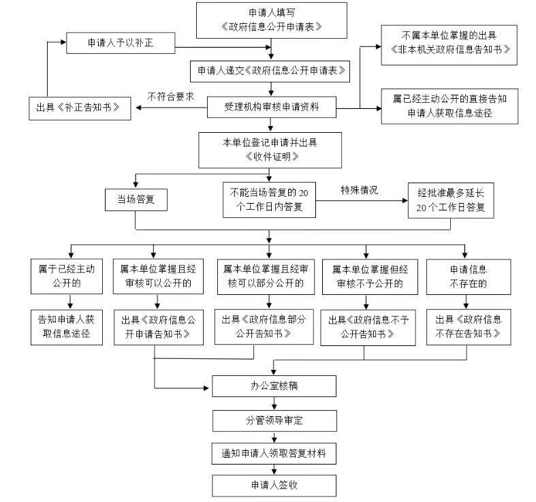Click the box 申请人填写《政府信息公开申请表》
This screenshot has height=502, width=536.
[271, 20]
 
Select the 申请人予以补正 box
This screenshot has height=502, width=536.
[121, 43]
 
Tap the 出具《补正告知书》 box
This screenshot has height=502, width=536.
[78, 108]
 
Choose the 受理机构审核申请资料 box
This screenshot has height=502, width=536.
[271, 106]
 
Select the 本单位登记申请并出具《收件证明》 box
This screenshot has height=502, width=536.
[271, 149]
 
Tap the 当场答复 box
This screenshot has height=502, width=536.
[136, 200]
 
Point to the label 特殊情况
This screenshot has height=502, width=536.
[360, 190]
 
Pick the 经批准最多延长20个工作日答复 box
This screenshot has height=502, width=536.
[450, 200]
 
